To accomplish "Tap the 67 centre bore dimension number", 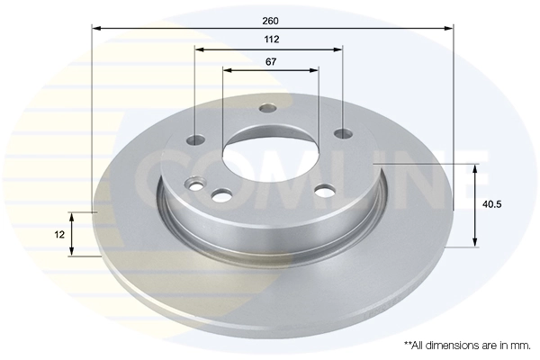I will pyautogui.click(x=271, y=61).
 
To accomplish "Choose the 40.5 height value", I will pyautogui.click(x=491, y=204).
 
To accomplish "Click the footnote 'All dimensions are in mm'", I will pyautogui.click(x=467, y=345).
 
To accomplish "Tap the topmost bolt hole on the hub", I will pyautogui.click(x=267, y=109).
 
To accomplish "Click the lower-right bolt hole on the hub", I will pyautogui.click(x=325, y=190).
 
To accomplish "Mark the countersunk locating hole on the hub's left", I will pyautogui.click(x=193, y=185).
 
